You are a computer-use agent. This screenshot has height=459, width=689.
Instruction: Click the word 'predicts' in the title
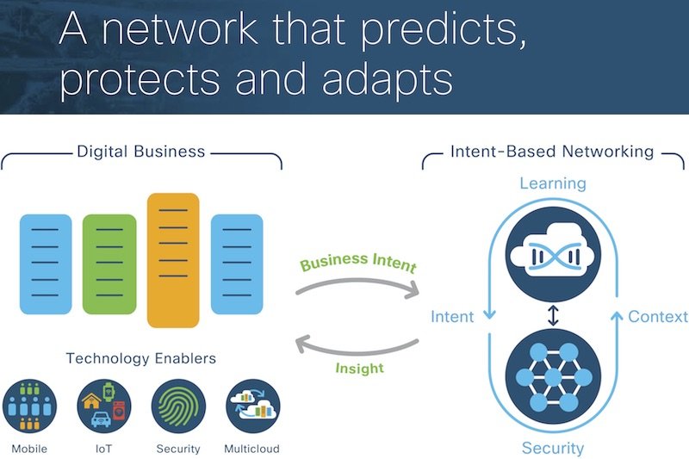point(443,30)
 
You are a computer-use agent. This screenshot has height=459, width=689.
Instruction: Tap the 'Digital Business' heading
point(140,152)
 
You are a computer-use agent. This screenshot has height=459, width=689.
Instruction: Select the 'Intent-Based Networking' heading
point(552,152)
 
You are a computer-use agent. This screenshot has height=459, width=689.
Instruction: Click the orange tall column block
point(173,260)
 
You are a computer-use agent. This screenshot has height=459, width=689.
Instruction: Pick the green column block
point(109,264)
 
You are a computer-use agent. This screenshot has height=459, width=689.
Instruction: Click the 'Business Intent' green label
point(358,262)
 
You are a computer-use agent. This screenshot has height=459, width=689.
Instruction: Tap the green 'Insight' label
point(359,368)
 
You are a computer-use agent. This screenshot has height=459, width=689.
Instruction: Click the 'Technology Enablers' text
point(140,358)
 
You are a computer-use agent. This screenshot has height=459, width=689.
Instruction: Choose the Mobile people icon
point(29,406)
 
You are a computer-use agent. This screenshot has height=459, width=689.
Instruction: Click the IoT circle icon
point(103,406)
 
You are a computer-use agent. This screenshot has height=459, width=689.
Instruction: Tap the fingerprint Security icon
point(178,406)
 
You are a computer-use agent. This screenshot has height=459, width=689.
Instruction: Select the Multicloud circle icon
point(252,406)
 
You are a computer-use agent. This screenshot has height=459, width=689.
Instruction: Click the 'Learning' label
point(553,183)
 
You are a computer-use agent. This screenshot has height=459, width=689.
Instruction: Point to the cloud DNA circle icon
point(553,254)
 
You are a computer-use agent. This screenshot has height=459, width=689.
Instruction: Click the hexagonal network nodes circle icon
point(553,376)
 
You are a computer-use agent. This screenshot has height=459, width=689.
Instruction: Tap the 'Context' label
point(658,317)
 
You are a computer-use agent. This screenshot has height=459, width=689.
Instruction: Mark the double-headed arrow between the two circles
point(553,315)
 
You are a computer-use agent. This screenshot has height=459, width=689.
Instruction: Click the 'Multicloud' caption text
point(251,449)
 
